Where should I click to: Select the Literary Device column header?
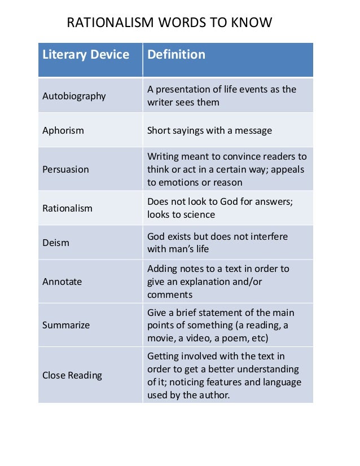pos(86,55)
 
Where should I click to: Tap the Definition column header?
pos(176,55)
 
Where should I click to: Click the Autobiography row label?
pos(74,96)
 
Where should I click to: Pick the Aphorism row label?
pos(63,130)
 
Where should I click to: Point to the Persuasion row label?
pos(65,169)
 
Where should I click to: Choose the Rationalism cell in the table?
pos(67,208)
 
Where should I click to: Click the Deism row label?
pos(56,243)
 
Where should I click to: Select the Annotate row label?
pos(62,282)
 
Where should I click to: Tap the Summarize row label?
pos(66,325)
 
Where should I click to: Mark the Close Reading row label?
pos(72,375)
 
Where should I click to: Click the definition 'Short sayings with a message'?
pos(209,130)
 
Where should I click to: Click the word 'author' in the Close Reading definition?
pos(215,395)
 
